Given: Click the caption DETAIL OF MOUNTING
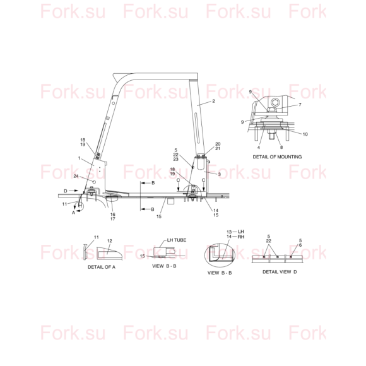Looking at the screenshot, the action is [277, 157].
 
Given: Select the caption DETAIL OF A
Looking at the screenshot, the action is [102, 267].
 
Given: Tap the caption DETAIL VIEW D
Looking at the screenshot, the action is [280, 272].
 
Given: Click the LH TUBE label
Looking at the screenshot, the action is [177, 240].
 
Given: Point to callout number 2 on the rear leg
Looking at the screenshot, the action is [213, 101].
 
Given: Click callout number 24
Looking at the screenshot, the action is [76, 176].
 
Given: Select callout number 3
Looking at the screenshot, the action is [219, 174].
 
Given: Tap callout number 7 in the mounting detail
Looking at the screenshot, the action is [300, 105].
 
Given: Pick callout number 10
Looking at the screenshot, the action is [305, 134].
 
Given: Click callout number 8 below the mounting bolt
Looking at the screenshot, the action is [281, 147].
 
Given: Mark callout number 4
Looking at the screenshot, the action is [259, 147].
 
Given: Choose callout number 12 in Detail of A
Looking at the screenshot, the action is [109, 241].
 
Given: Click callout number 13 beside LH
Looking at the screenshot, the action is [229, 232].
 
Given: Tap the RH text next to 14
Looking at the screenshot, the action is [241, 237].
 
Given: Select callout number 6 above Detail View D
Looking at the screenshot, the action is [300, 245].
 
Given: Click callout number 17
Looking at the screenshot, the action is [113, 219].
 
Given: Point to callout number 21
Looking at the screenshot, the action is [218, 148].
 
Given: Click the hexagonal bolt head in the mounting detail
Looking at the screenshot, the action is [274, 102].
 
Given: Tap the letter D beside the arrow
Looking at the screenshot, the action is [66, 191].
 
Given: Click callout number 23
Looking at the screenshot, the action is [176, 159].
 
